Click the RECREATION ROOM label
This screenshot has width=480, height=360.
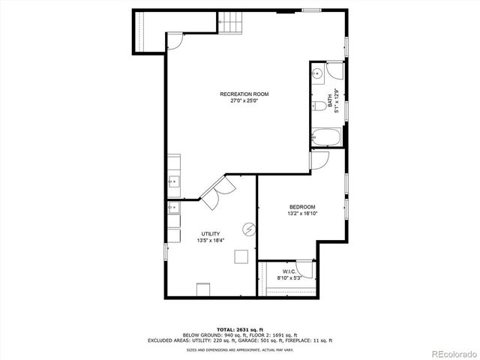(x=244, y=94)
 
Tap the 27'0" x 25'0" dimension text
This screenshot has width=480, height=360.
(x=244, y=100)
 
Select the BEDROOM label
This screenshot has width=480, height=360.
(x=302, y=207)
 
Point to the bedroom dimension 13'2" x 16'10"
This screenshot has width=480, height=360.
(x=302, y=214)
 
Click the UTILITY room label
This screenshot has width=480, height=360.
(x=210, y=234)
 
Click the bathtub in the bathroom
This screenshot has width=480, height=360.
(x=326, y=137)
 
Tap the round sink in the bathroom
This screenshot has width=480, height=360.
(x=317, y=73)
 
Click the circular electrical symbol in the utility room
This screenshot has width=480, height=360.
(x=247, y=228)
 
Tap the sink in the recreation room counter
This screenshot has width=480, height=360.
(x=173, y=181)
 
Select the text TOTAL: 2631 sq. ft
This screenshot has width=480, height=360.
(x=240, y=329)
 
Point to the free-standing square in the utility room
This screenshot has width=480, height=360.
(x=241, y=256)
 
